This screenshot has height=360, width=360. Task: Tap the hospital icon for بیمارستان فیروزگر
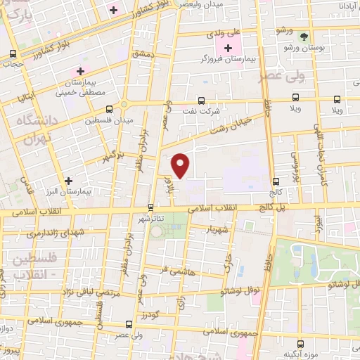click(228, 48)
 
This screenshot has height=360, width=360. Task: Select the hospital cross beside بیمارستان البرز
click(68, 181)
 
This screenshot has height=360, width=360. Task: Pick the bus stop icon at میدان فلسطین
click(109, 110)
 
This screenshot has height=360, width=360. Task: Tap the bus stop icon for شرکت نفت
click(202, 101)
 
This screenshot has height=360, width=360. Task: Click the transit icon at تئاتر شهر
click(151, 207)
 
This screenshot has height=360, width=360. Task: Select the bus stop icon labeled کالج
click(275, 181)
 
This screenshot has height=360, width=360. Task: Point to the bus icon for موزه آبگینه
click(301, 344)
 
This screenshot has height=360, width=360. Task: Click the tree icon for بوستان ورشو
click(303, 36)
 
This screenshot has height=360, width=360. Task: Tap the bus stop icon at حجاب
click(12, 53)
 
